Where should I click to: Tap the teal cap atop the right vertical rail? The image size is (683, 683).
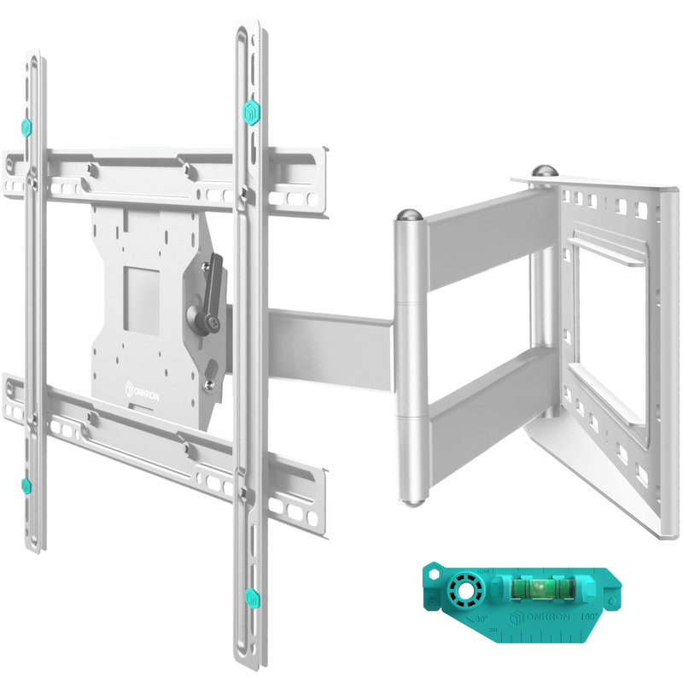(252, 112)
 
